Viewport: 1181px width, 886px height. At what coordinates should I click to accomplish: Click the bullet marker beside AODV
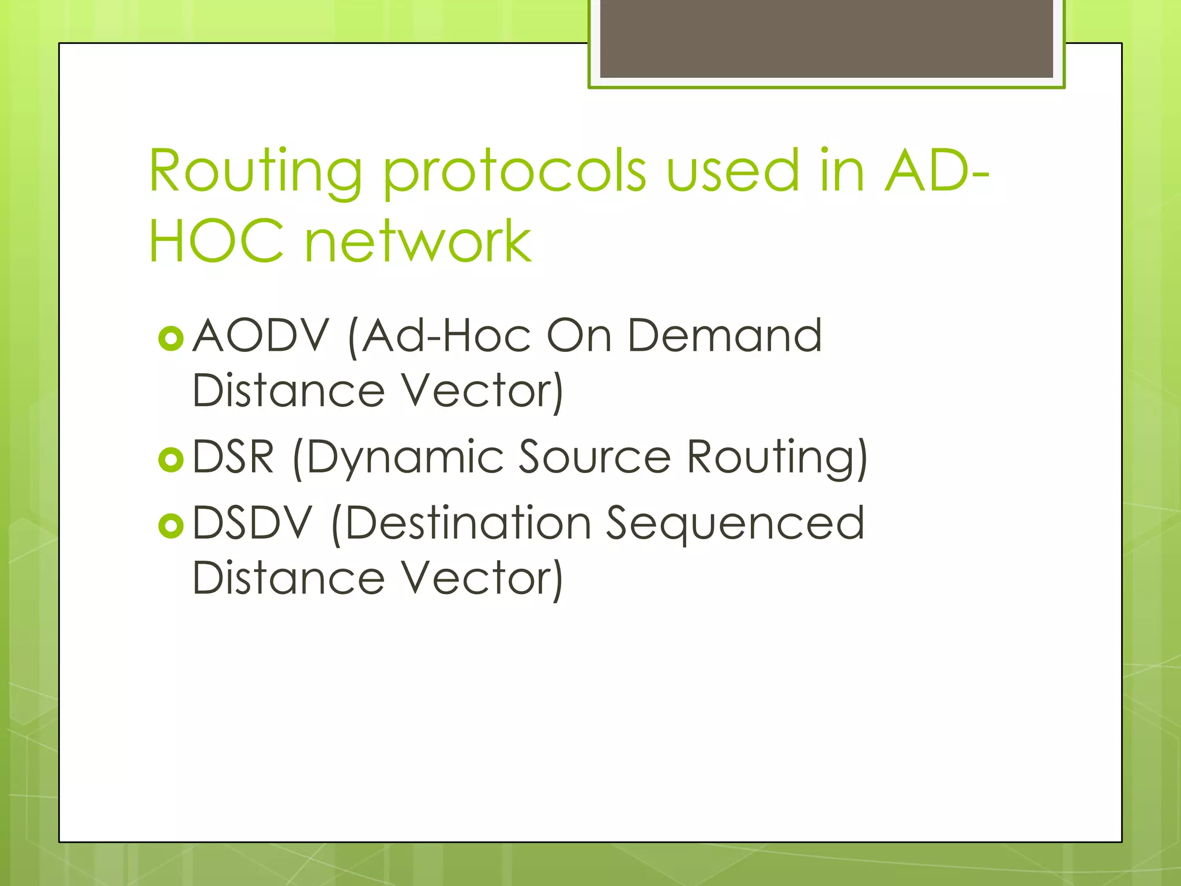(171, 339)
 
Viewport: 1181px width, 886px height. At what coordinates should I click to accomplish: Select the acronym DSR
(233, 457)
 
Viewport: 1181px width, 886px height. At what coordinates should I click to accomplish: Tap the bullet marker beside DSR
(171, 460)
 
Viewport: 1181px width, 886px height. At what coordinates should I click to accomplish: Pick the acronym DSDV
(252, 523)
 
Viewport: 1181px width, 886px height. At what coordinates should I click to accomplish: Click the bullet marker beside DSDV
(171, 525)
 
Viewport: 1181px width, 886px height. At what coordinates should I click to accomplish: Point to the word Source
(595, 457)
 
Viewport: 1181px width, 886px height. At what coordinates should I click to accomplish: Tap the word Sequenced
(735, 524)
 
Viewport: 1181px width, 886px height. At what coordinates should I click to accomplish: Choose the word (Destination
(462, 523)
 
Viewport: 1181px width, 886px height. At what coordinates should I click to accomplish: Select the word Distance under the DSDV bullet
(288, 578)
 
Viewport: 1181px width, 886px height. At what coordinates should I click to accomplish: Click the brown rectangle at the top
(826, 39)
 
